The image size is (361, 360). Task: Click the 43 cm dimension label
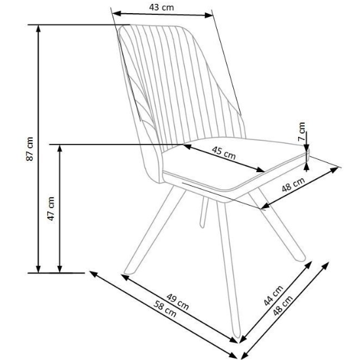click(x=161, y=7)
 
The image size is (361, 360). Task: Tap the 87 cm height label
click(x=30, y=149)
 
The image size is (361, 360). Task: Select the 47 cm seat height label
click(x=51, y=208)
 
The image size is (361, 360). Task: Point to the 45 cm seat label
click(x=224, y=153)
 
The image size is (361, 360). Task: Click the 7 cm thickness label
click(x=301, y=132)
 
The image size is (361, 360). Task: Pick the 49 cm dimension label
click(x=178, y=302)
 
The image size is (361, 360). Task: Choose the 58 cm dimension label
click(x=165, y=309)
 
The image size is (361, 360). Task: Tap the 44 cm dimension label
click(x=273, y=296)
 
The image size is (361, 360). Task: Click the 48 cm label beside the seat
click(x=294, y=185)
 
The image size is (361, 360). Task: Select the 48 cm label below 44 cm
click(x=283, y=305)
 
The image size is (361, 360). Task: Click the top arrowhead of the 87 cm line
click(x=39, y=28)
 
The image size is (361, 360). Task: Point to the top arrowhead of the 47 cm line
click(x=60, y=149)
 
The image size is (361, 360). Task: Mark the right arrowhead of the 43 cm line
click(x=208, y=16)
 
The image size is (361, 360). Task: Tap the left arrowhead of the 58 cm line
click(x=93, y=274)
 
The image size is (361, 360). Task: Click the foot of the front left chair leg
click(x=128, y=272)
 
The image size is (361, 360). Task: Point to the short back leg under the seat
click(x=204, y=212)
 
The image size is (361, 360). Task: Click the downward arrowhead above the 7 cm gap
click(x=306, y=148)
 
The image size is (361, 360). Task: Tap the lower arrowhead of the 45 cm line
click(x=260, y=170)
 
